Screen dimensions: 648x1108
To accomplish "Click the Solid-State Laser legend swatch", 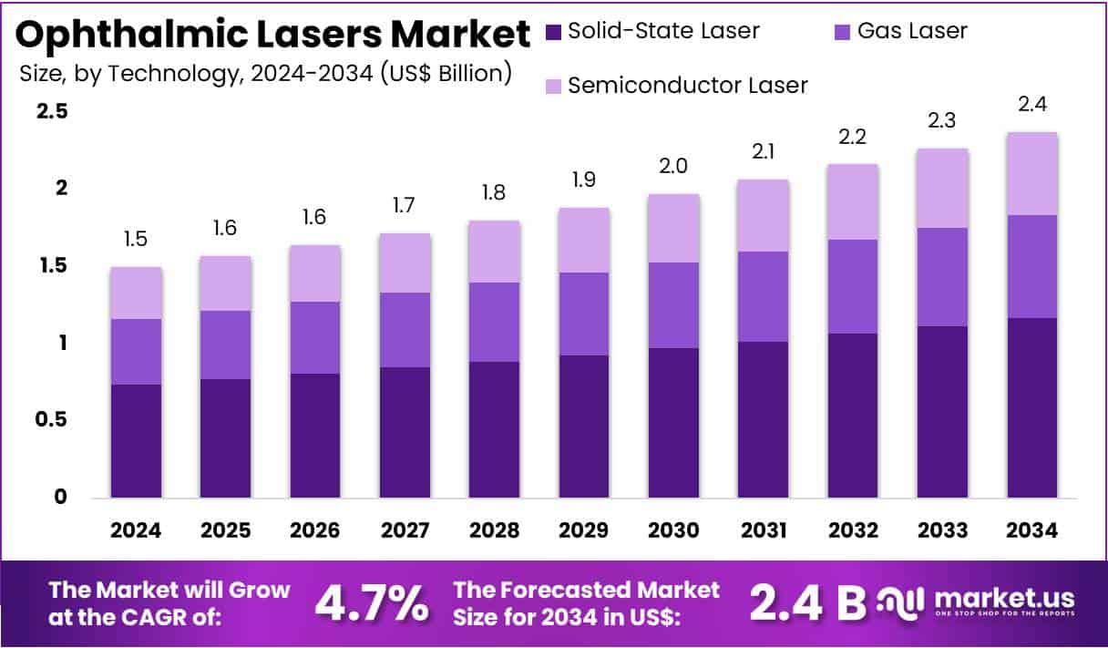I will pos(553,32).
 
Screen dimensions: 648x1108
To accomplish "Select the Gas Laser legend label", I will pos(912,31).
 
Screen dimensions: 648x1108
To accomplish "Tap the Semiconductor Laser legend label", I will pos(687,86).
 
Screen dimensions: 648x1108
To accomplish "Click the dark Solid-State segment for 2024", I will pos(136,441).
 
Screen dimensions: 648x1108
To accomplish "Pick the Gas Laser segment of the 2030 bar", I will pos(673,305).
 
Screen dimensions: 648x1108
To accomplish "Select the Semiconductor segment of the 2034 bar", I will pos(1032,174).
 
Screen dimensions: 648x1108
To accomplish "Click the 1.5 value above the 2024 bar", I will pos(136,240).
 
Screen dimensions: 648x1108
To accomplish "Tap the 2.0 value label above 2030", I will pos(673,166).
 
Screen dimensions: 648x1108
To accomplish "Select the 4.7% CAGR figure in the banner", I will pos(372,602).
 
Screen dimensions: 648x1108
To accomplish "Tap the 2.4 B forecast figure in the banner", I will pos(806,602).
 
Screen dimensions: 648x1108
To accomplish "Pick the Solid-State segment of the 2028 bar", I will pos(495,429).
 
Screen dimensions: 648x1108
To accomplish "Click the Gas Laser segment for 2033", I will pos(943,277).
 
